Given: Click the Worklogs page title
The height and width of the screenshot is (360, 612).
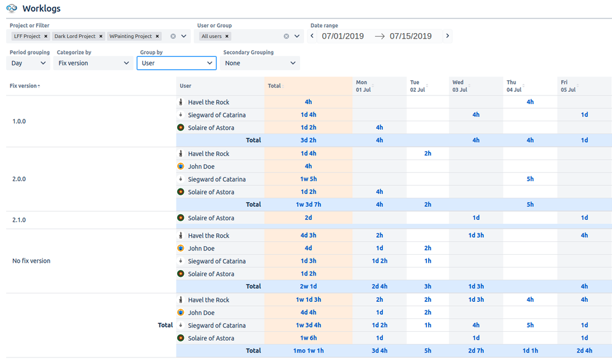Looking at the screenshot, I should [x=41, y=9].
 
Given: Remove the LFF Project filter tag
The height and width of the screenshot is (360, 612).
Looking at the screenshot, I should [x=46, y=36].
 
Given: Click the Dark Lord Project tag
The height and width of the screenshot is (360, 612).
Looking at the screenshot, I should [x=75, y=36].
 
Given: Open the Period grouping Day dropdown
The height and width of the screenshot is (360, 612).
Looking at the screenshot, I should [x=29, y=63].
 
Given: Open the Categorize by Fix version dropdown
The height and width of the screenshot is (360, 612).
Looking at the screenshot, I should [x=93, y=63].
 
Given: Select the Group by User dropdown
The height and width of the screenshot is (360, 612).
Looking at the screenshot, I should [x=176, y=63].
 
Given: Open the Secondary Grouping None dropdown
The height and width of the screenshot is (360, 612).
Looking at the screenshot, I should [x=260, y=63].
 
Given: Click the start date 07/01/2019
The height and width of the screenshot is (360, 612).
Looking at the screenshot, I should [x=342, y=36].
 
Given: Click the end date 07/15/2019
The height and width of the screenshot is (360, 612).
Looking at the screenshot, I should [x=410, y=36].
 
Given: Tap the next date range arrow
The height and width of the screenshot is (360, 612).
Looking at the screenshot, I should [x=448, y=36].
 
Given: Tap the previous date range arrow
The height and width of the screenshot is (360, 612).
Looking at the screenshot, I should [x=312, y=36].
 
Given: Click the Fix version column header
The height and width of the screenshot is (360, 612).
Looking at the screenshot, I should [x=25, y=86].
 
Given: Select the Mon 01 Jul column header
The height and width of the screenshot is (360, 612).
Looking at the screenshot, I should [x=362, y=86].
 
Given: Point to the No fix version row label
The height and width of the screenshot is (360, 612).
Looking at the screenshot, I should [x=31, y=261].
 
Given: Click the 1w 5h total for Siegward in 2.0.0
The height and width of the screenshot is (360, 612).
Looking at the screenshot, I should [x=308, y=179].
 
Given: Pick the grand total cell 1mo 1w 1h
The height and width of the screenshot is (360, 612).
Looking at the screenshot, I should [x=308, y=351].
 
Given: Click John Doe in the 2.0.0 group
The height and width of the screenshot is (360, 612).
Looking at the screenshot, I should [x=201, y=167].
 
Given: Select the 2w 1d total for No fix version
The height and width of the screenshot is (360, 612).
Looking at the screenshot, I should [x=308, y=287].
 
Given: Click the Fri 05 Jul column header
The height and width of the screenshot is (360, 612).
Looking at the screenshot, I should [x=567, y=86].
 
